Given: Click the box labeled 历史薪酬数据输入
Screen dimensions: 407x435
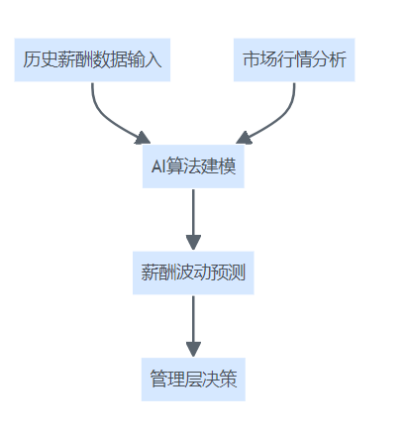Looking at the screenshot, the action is pos(92,59).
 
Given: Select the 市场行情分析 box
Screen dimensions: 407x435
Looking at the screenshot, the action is pos(294,59).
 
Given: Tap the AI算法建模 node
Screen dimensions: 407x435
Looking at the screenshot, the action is pos(193,166).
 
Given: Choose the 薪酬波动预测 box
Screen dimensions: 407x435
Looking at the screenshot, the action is pos(193,272).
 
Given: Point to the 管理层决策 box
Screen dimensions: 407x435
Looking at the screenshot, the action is pos(193,380).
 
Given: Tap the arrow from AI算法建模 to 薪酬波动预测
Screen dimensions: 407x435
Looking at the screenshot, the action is pos(193,220).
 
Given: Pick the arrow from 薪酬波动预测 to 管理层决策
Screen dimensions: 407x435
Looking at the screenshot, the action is pos(193,326).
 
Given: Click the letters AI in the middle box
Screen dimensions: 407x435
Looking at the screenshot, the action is pos(158,166).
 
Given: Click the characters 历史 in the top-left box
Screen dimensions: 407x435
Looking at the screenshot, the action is pos(41,59).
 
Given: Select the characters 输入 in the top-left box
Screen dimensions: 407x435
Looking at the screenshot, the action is pos(145,59).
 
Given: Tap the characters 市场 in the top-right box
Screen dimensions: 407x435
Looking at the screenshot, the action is pos(259,59).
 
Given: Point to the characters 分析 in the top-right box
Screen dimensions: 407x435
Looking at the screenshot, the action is pos(329,59).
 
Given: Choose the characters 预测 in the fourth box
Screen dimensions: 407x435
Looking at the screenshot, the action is pos(228,272).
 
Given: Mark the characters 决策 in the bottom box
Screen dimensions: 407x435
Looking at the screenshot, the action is pos(220,380).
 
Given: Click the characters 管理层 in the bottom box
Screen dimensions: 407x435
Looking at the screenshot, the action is pos(176,380).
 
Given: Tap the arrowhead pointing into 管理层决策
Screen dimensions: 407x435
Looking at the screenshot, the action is pos(193,350).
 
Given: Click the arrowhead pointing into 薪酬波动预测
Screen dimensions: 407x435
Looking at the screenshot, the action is pos(193,243).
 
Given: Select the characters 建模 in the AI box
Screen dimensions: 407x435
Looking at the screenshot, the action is pos(218,166).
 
